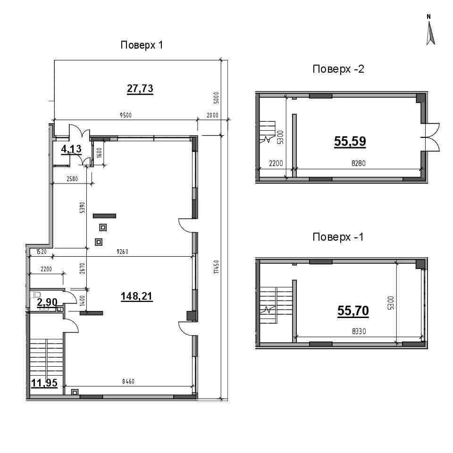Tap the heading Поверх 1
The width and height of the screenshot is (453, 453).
[142, 45]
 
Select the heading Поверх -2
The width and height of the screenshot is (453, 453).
[338, 69]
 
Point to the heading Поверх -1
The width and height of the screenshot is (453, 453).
[338, 237]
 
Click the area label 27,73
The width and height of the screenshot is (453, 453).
[140, 88]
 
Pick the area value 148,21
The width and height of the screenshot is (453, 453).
[137, 296]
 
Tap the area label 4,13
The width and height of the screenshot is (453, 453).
[71, 149]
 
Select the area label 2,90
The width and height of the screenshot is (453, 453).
[47, 302]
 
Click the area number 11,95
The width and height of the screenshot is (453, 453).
[44, 383]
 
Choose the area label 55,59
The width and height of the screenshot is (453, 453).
[350, 141]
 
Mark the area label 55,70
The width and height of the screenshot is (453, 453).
[353, 311]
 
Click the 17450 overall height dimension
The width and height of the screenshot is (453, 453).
[217, 267]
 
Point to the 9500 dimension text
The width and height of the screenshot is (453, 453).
[126, 115]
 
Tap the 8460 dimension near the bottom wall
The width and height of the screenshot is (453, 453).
[128, 381]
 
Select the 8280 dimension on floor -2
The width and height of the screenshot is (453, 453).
[359, 163]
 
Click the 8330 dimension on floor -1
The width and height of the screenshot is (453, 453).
[359, 331]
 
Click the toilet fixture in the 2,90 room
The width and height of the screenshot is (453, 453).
[35, 294]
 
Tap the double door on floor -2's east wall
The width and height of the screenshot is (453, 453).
[430, 137]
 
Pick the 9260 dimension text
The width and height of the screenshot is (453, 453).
[123, 252]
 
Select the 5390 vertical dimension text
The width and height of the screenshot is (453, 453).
[82, 208]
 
